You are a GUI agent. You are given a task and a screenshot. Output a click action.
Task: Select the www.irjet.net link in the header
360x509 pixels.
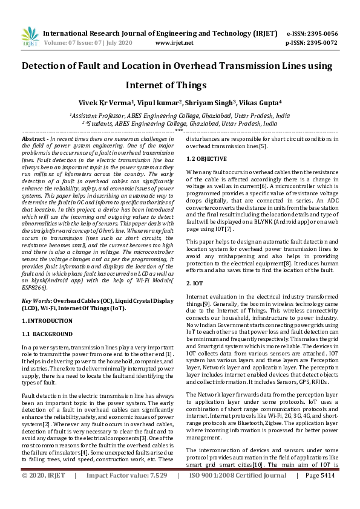pyautogui.click(x=174, y=43)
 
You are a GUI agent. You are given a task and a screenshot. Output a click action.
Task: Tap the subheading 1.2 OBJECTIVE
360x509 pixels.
pyautogui.click(x=207, y=159)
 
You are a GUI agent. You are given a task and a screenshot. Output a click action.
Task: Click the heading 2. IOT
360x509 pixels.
pyautogui.click(x=195, y=283)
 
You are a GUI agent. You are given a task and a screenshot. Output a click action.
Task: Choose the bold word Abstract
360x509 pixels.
pyautogui.click(x=34, y=139)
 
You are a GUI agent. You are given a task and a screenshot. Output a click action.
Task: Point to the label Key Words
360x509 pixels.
pyautogui.click(x=36, y=300)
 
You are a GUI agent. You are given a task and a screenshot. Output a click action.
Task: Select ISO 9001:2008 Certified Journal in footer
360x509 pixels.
pyautogui.click(x=237, y=493)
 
